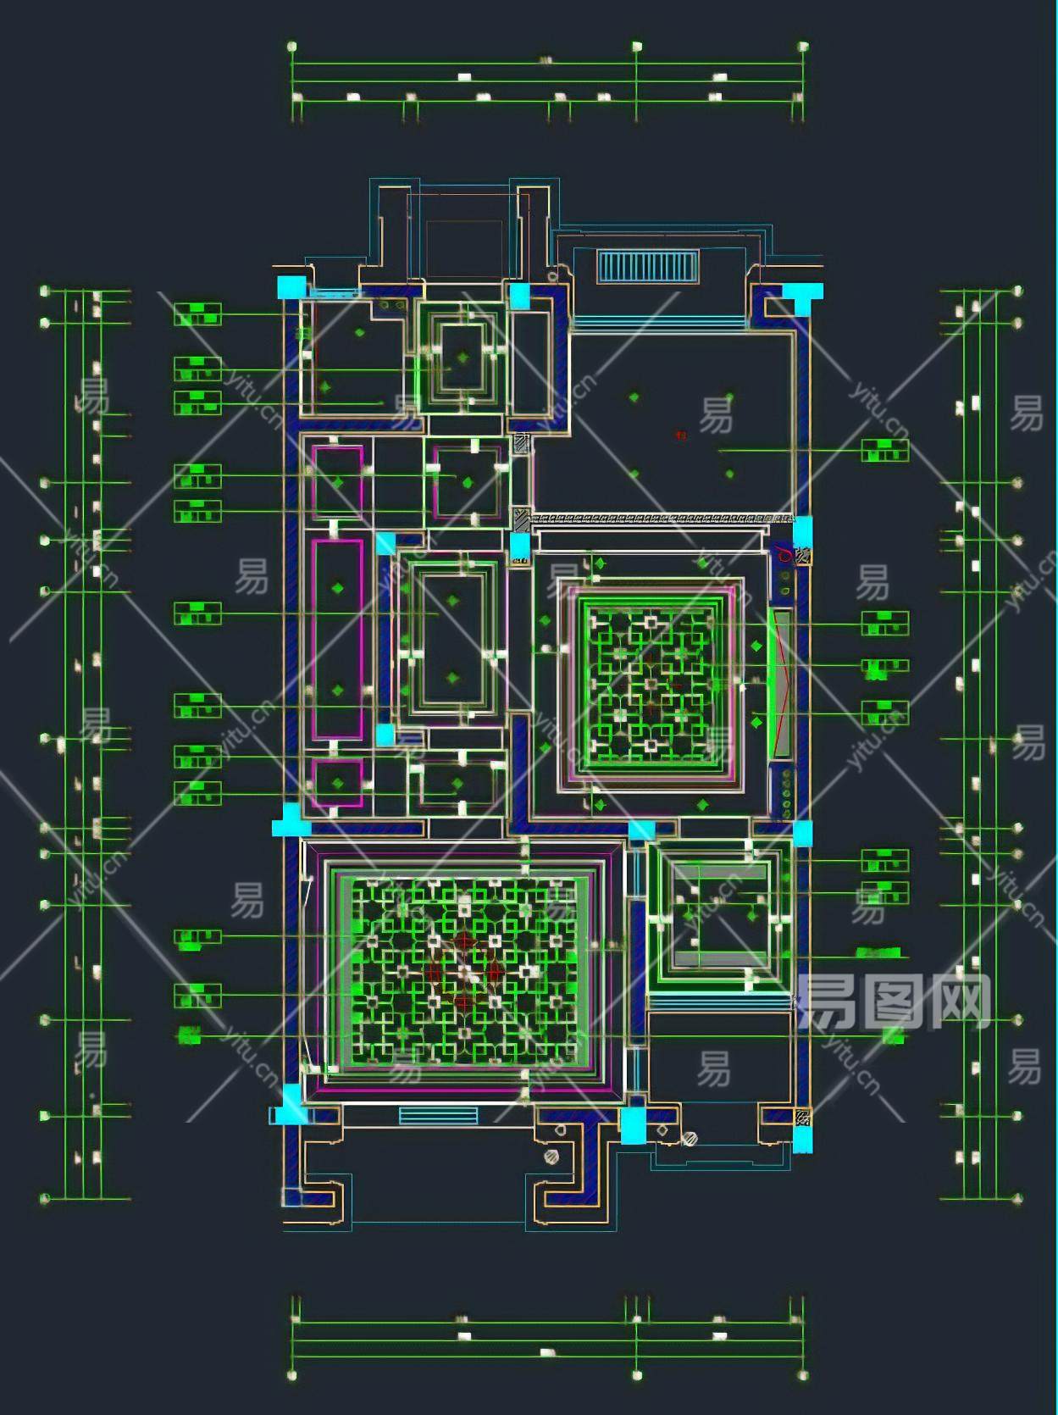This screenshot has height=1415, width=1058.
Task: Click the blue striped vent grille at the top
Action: pyautogui.click(x=649, y=268)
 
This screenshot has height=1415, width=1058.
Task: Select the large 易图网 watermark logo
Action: pyautogui.click(x=893, y=1002)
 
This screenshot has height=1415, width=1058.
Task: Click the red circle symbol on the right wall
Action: pyautogui.click(x=784, y=555)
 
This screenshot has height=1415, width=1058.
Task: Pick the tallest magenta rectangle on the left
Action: pyautogui.click(x=338, y=639)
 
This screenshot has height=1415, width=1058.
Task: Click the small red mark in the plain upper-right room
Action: pyautogui.click(x=680, y=436)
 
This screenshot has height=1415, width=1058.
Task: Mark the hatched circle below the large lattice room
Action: pyautogui.click(x=552, y=1156)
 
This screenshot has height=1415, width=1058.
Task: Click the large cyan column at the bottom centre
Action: pyautogui.click(x=633, y=1126)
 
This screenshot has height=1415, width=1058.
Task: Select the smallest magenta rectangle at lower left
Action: pyautogui.click(x=337, y=783)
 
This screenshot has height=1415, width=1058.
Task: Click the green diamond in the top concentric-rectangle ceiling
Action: pyautogui.click(x=462, y=358)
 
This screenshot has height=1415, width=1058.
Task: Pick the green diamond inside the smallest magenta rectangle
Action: pyautogui.click(x=338, y=783)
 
